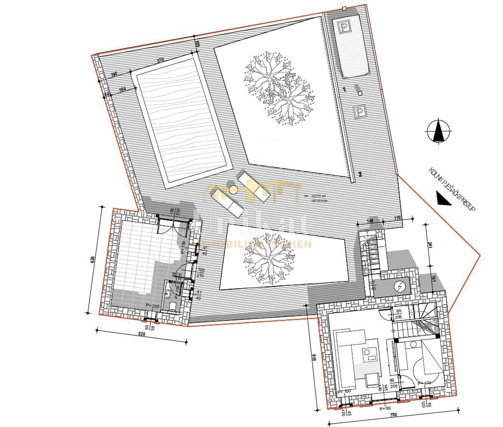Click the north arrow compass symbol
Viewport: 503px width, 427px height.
[x=438, y=130]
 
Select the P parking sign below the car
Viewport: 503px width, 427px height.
[x=359, y=112]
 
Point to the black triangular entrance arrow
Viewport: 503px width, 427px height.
[x=443, y=198]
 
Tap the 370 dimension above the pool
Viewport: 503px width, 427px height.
[x=160, y=60]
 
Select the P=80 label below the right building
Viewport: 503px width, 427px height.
[x=385, y=408]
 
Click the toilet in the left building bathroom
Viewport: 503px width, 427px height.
[x=169, y=291]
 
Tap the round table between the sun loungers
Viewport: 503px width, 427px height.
[x=234, y=189]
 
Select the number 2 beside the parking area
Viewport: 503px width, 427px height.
[x=359, y=174]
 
